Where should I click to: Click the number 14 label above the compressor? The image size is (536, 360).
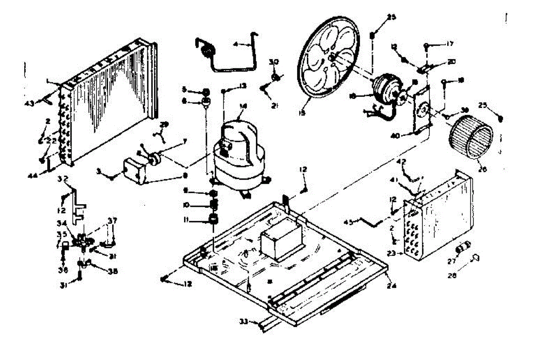[243, 106]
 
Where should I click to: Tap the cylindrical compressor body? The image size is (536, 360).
[236, 152]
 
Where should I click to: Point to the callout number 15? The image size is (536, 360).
[302, 113]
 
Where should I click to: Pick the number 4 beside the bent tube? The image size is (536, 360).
[236, 44]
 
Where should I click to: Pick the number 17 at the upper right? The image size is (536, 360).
[449, 44]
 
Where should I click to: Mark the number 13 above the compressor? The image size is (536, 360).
[243, 85]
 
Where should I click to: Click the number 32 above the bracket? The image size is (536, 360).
[63, 180]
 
